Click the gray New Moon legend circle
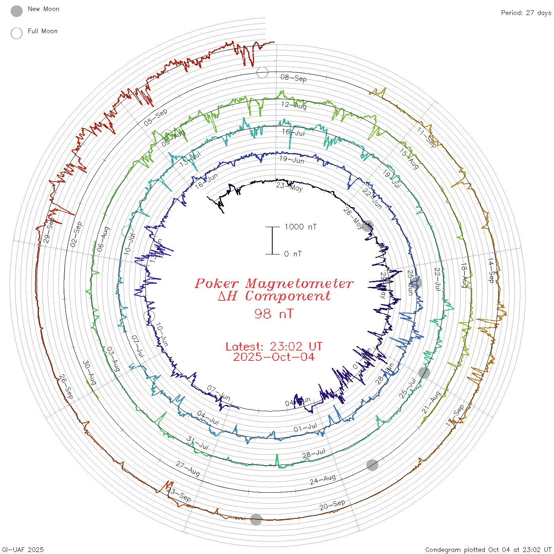[x=17, y=11]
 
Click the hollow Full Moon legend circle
[x=17, y=33]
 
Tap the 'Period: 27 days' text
[x=526, y=13]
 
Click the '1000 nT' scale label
[x=300, y=227]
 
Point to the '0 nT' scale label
[x=293, y=254]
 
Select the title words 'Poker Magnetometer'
[x=274, y=283]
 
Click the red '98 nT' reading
[x=274, y=314]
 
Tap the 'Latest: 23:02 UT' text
[x=274, y=347]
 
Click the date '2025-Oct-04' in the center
[x=274, y=357]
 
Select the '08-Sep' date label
[x=294, y=78]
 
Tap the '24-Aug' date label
[x=323, y=480]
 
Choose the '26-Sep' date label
[x=66, y=386]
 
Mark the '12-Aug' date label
[x=294, y=105]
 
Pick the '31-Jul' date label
[x=197, y=443]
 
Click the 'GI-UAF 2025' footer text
[x=23, y=550]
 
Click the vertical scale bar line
[x=272, y=241]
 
